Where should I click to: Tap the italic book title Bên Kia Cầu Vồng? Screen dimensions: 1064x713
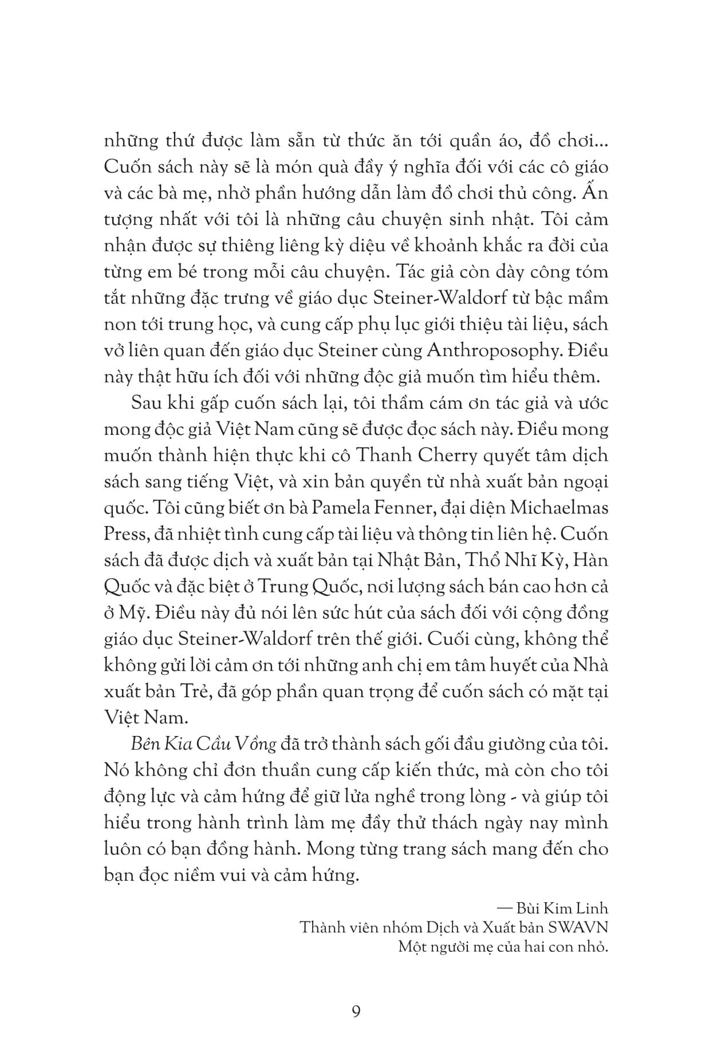point(204,744)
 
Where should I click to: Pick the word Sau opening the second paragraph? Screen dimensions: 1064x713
point(147,403)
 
